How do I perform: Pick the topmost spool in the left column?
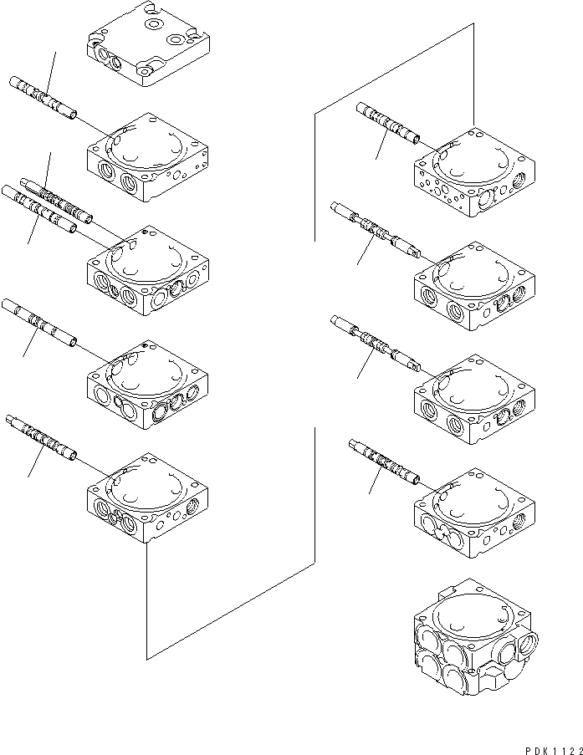(42, 97)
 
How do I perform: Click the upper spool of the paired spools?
(54, 197)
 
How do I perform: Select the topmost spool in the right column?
(386, 123)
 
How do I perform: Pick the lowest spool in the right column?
(382, 461)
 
